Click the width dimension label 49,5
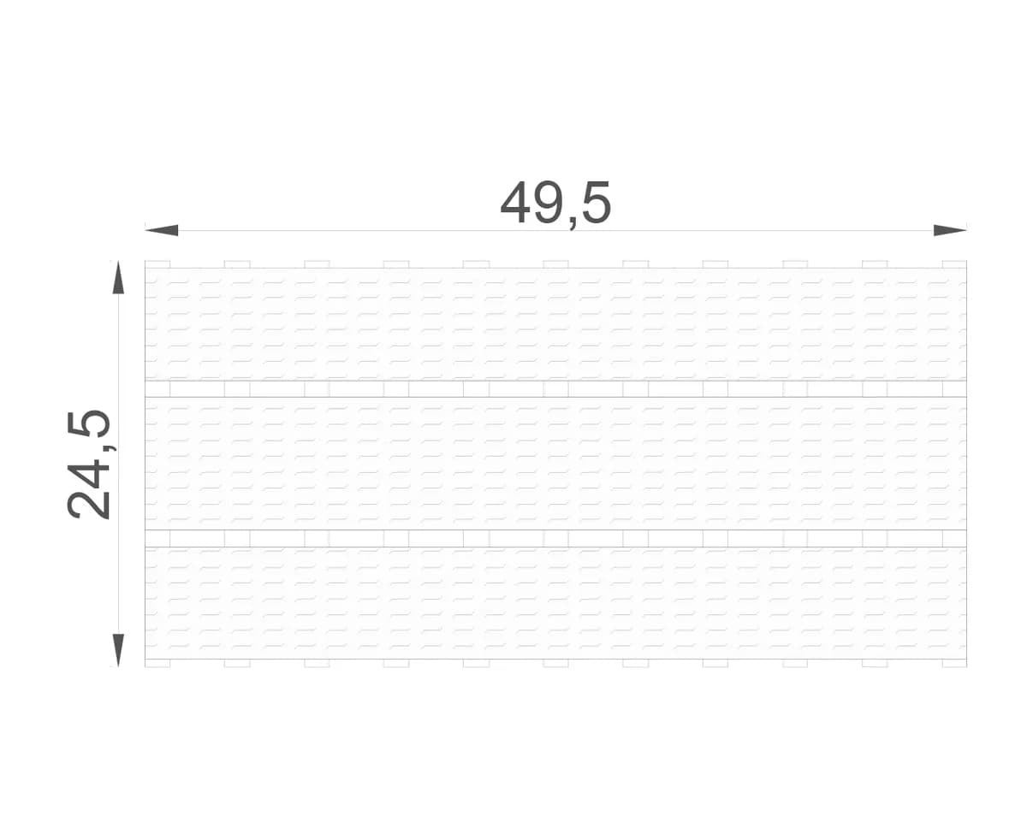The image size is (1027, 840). (x=555, y=204)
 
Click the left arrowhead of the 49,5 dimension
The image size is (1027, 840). (x=161, y=230)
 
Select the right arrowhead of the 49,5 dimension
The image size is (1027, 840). (x=950, y=230)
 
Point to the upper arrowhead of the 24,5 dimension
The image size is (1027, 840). (x=118, y=277)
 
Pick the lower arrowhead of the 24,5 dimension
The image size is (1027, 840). (x=118, y=650)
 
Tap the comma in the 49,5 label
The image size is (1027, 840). (x=573, y=222)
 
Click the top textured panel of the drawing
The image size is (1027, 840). (x=555, y=324)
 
